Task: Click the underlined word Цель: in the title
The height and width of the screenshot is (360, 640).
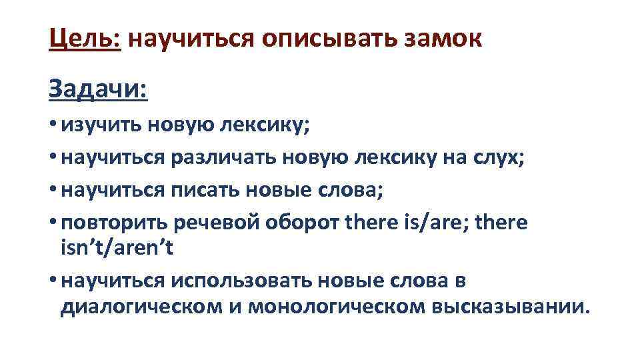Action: click(x=84, y=39)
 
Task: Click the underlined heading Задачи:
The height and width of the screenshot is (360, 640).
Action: click(x=98, y=89)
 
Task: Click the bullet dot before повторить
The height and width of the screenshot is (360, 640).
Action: click(x=53, y=223)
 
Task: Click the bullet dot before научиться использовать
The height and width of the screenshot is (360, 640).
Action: click(x=53, y=281)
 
